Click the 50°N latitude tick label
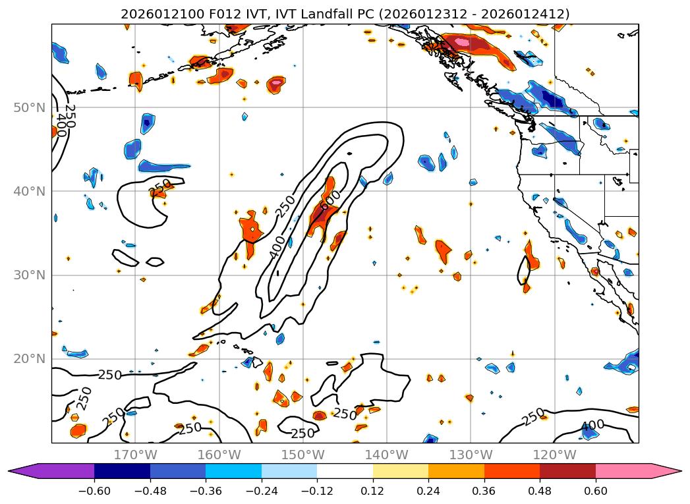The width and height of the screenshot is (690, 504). (x=29, y=107)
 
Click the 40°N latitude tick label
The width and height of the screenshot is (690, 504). (x=29, y=191)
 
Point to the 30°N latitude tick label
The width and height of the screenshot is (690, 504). (x=29, y=275)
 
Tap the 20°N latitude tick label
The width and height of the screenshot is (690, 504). (x=29, y=358)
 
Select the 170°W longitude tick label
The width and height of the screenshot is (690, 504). (x=135, y=455)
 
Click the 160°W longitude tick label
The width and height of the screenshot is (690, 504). (x=219, y=455)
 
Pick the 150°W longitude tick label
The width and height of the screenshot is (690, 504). (x=302, y=455)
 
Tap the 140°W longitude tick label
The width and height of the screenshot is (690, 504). (x=386, y=455)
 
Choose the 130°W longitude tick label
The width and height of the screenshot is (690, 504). (x=470, y=455)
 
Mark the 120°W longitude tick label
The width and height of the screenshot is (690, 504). (x=554, y=455)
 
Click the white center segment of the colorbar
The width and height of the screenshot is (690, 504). (x=345, y=471)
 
